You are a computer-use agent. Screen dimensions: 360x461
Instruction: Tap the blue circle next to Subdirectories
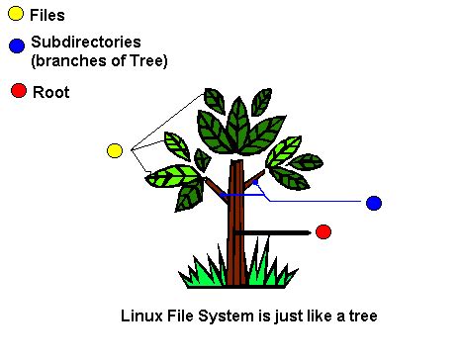click(x=16, y=45)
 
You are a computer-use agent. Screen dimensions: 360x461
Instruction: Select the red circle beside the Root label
click(x=18, y=91)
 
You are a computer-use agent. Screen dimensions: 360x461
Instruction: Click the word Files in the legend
click(x=47, y=15)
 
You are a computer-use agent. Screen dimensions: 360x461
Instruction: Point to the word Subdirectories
click(x=86, y=43)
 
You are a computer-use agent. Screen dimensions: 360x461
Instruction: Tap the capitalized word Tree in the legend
click(x=147, y=60)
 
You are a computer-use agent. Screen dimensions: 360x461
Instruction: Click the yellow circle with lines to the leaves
click(x=114, y=150)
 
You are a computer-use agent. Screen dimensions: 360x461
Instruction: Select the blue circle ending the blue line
click(x=373, y=203)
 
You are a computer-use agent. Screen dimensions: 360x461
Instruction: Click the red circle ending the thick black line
click(x=323, y=231)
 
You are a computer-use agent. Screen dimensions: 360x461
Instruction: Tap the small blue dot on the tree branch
click(x=255, y=182)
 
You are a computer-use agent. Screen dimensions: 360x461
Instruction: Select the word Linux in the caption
click(x=139, y=316)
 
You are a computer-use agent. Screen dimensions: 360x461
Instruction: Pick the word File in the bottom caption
click(x=178, y=316)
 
